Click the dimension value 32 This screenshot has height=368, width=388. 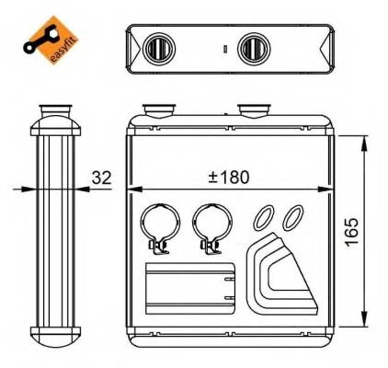[103, 177]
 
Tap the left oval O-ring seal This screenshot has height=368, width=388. [265, 217]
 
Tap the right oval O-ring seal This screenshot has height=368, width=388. [292, 217]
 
